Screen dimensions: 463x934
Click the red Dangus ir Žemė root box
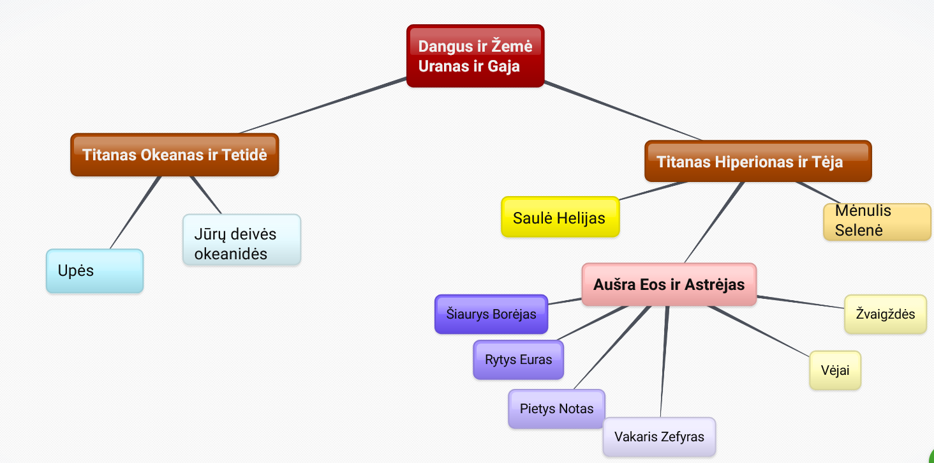pos(475,56)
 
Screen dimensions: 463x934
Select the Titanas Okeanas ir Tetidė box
pos(174,155)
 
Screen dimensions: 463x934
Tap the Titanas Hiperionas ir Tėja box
pos(757,161)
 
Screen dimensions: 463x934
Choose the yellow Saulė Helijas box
pos(560,218)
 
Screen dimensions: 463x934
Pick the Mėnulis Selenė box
pos(877,221)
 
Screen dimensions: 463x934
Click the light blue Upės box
pos(94,271)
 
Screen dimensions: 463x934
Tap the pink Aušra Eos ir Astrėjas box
pos(669,284)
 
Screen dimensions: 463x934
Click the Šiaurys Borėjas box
pos(491,314)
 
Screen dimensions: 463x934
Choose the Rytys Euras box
pos(518,360)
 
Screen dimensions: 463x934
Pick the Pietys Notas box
pos(556,409)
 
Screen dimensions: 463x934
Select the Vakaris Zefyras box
pos(659,437)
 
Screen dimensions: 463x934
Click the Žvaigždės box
pos(885,314)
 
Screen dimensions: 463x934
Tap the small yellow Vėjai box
pos(835,370)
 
